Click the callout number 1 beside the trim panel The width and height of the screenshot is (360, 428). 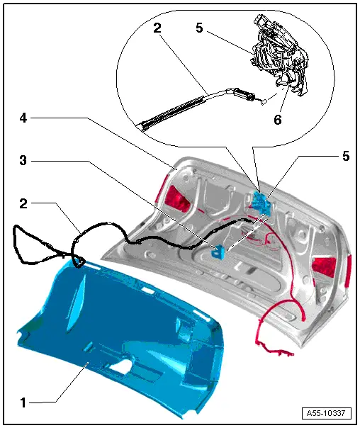point(23,402)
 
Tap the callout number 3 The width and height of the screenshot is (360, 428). point(23,162)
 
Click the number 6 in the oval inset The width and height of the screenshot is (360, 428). point(277,120)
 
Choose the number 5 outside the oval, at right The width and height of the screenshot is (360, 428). point(345,157)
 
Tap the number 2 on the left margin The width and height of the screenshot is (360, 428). point(23,203)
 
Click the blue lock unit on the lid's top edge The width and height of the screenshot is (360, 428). point(262,201)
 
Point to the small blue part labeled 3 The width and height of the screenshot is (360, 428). point(220,250)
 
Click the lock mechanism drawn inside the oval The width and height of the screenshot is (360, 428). point(280,57)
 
